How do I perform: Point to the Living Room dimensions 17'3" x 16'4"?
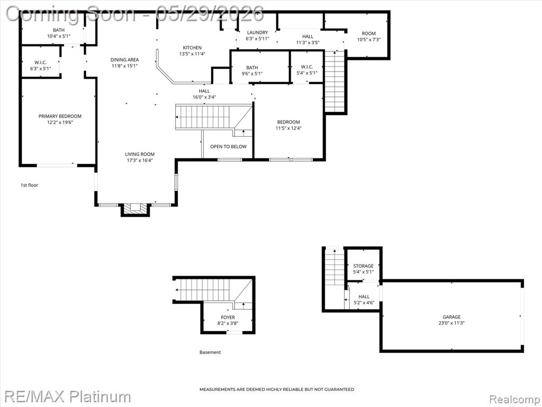(x=140, y=160)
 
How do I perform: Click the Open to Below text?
(x=229, y=147)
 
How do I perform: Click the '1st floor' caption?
(x=30, y=185)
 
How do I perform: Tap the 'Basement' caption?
(x=210, y=352)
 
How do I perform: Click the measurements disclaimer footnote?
(x=277, y=390)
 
